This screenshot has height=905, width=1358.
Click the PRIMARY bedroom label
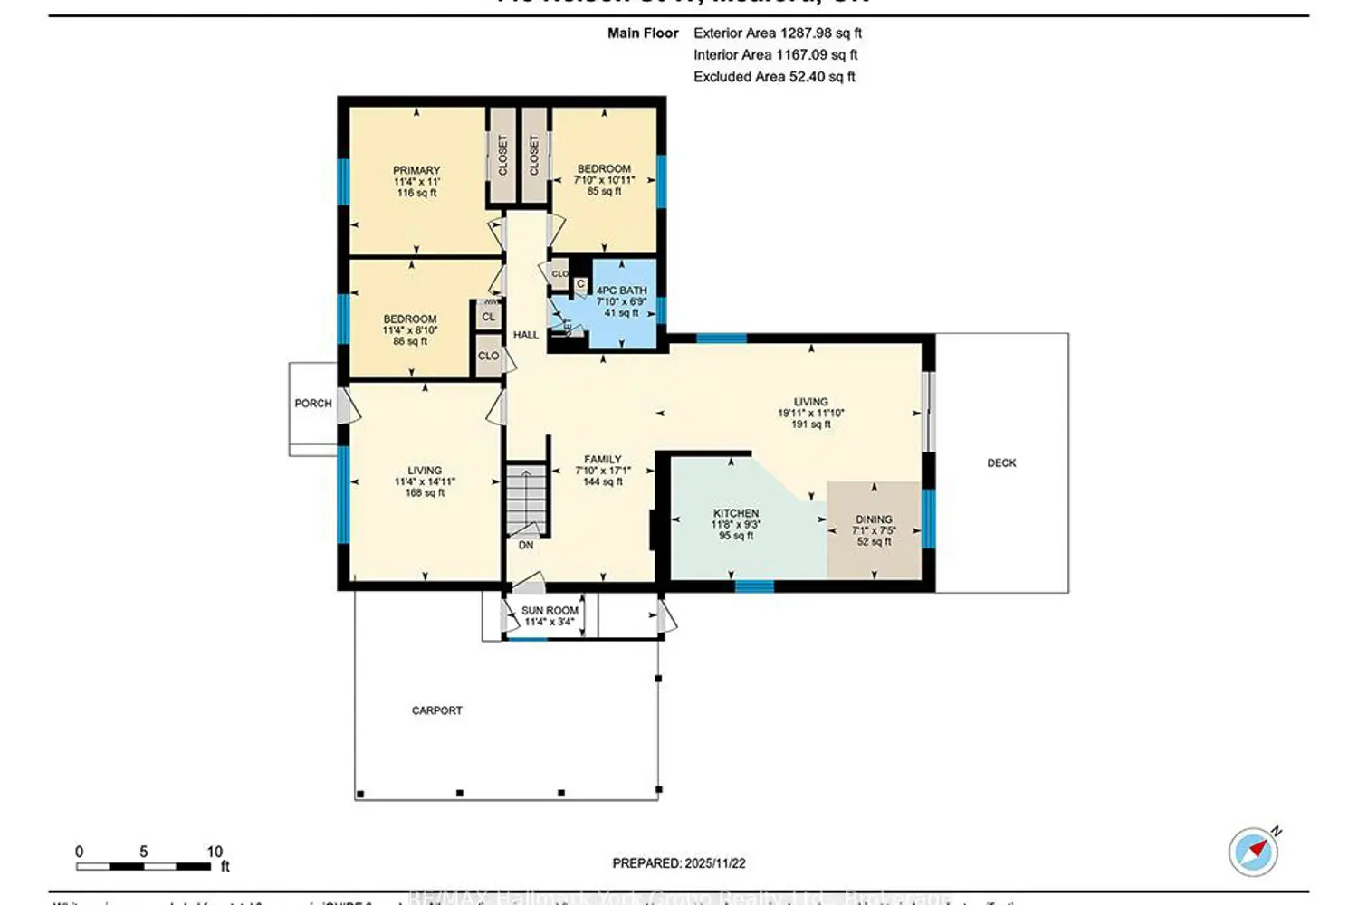pyautogui.click(x=416, y=170)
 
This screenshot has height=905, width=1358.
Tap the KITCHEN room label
pyautogui.click(x=736, y=513)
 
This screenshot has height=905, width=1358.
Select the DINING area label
pyautogui.click(x=874, y=519)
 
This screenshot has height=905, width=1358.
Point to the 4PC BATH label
pyautogui.click(x=621, y=291)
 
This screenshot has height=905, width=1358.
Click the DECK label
pyautogui.click(x=1001, y=462)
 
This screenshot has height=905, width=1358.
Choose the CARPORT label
pyautogui.click(x=436, y=710)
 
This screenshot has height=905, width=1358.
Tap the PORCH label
pyautogui.click(x=313, y=404)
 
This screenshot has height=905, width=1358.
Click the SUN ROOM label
pyautogui.click(x=550, y=611)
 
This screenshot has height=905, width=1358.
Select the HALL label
pyautogui.click(x=526, y=335)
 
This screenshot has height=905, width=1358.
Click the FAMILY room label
pyautogui.click(x=602, y=460)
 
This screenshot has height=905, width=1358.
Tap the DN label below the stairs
pyautogui.click(x=526, y=546)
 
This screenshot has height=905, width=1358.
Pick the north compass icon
pyautogui.click(x=1254, y=852)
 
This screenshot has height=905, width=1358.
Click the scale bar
pyautogui.click(x=145, y=866)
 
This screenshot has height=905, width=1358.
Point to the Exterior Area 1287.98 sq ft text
pyautogui.click(x=777, y=33)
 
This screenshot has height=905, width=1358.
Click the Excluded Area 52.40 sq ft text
pyautogui.click(x=774, y=77)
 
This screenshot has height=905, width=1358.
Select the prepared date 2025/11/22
pyautogui.click(x=679, y=863)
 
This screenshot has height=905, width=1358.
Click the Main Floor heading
pyautogui.click(x=643, y=33)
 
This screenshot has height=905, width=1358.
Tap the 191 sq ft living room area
pyautogui.click(x=810, y=424)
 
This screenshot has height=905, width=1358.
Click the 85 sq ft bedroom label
pyautogui.click(x=604, y=192)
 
